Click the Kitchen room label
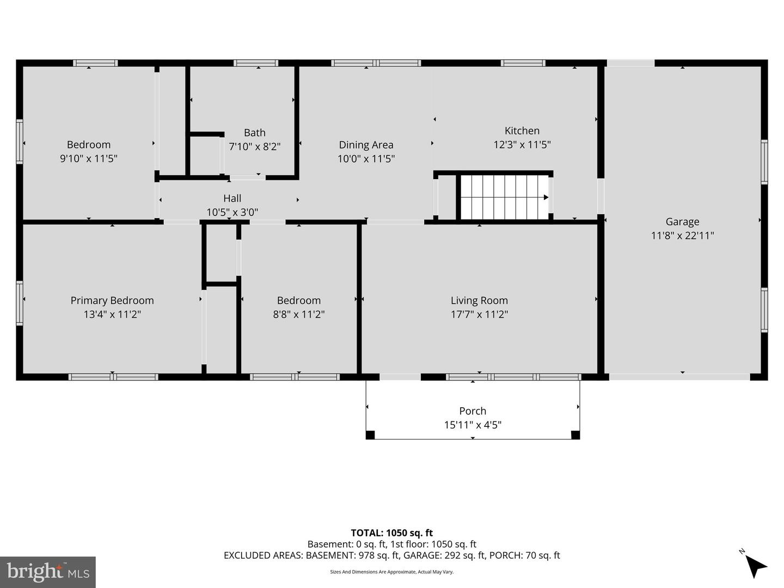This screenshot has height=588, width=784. [x=522, y=131]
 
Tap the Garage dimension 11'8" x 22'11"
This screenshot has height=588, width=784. [x=682, y=236]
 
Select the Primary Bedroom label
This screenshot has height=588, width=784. [x=112, y=301]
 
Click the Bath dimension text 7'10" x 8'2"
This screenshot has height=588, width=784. [x=255, y=147]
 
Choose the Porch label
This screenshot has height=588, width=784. [x=473, y=411]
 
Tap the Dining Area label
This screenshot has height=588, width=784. [x=366, y=145]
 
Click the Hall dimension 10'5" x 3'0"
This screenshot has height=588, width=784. [x=232, y=212]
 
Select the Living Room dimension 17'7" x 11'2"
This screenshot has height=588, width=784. [x=479, y=315]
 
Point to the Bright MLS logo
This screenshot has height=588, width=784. [x=48, y=572]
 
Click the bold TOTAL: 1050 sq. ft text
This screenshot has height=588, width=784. [x=392, y=533]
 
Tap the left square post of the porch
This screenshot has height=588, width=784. [x=370, y=435]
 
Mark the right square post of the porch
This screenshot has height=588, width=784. [x=575, y=435]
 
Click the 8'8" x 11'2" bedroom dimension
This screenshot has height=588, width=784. [x=299, y=315]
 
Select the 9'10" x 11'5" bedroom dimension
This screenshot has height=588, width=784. [x=89, y=158]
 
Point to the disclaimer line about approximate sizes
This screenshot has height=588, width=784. [x=392, y=572]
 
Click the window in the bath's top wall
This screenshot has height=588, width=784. [x=256, y=63]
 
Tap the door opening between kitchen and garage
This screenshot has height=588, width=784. [x=601, y=196]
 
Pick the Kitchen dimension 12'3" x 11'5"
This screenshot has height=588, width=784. [x=522, y=145]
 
